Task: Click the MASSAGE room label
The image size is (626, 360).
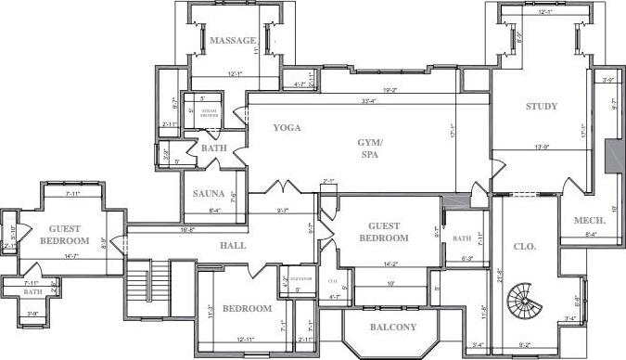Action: [232, 41]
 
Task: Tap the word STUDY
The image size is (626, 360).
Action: [541, 107]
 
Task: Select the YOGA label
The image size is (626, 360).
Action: [287, 128]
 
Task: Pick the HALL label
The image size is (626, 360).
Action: [232, 246]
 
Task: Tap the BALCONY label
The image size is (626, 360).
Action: [392, 327]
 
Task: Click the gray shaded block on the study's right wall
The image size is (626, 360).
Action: [611, 155]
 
